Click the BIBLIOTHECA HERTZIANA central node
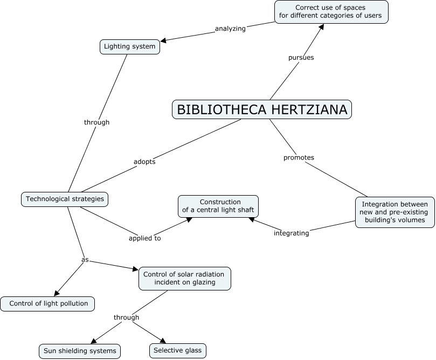pyautogui.click(x=262, y=109)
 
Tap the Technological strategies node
pyautogui.click(x=65, y=199)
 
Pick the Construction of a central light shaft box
pyautogui.click(x=218, y=206)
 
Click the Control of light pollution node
pyautogui.click(x=48, y=303)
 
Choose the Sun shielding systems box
pyautogui.click(x=79, y=351)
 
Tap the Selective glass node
pyautogui.click(x=177, y=351)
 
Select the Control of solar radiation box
pyautogui.click(x=185, y=278)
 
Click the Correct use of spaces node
pyautogui.click(x=331, y=11)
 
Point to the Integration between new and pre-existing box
pyautogui.click(x=395, y=212)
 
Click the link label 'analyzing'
pyautogui.click(x=230, y=29)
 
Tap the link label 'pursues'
pyautogui.click(x=301, y=57)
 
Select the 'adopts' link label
pyautogui.click(x=144, y=162)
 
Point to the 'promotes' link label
pyautogui.click(x=299, y=157)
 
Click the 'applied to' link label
pyautogui.click(x=144, y=238)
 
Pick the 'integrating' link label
pyautogui.click(x=291, y=233)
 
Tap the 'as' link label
pyautogui.click(x=85, y=259)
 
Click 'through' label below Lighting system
pyautogui.click(x=96, y=122)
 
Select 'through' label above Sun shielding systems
pyautogui.click(x=126, y=317)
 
